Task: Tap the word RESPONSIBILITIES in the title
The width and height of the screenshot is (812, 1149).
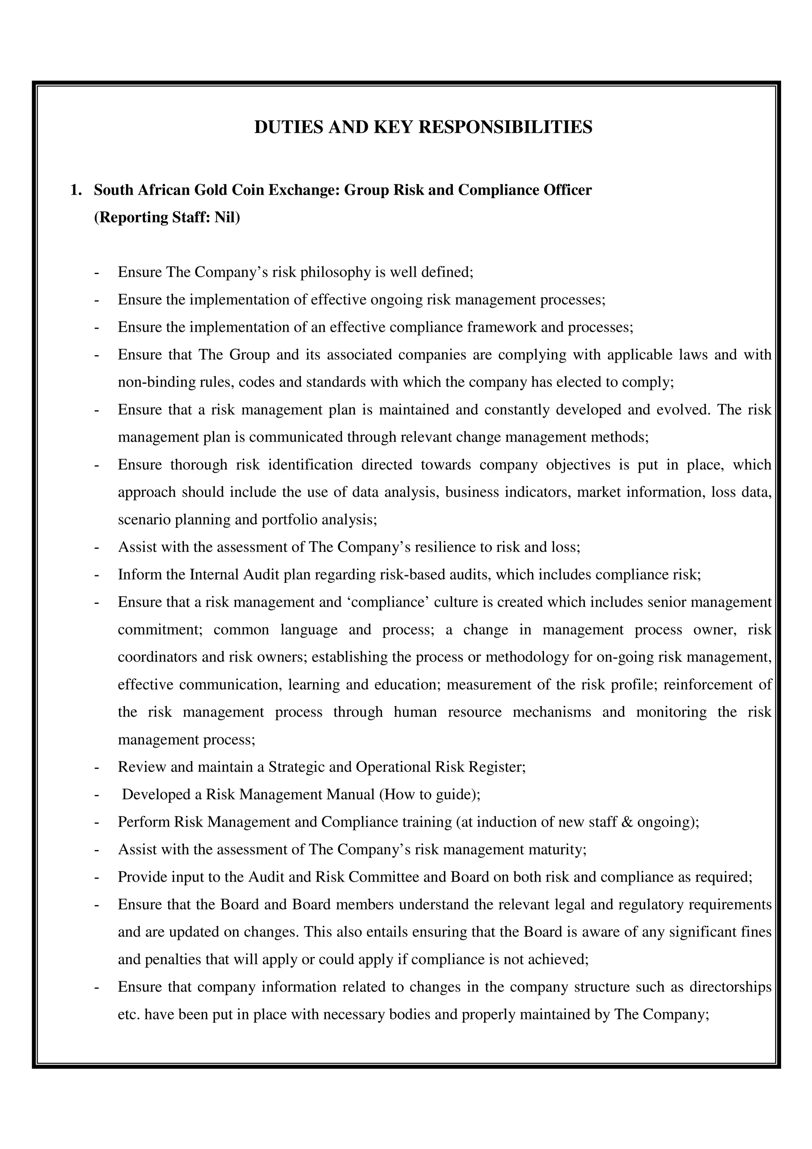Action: [x=505, y=127]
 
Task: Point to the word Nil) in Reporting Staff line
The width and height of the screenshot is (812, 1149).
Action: [x=227, y=218]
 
